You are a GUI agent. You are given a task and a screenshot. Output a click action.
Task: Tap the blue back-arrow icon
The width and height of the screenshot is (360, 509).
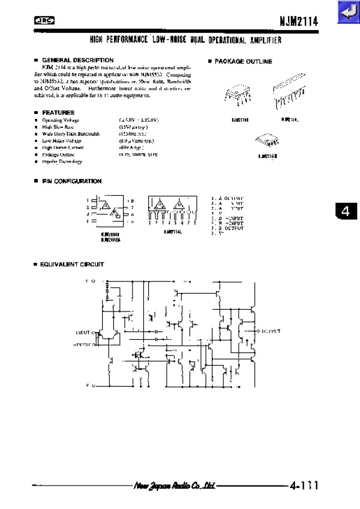coord(347,11)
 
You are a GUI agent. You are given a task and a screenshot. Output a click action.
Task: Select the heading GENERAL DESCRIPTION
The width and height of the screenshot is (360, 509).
coord(78,60)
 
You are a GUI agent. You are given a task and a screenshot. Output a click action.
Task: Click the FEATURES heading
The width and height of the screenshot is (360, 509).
coord(58,112)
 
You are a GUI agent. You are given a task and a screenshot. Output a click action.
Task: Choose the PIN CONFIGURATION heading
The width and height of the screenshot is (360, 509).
coord(71,181)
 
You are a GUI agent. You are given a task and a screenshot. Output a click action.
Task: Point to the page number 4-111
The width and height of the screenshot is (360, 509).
coord(303,485)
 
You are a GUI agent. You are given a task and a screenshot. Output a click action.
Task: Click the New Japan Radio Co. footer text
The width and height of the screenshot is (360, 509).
coord(175,485)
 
